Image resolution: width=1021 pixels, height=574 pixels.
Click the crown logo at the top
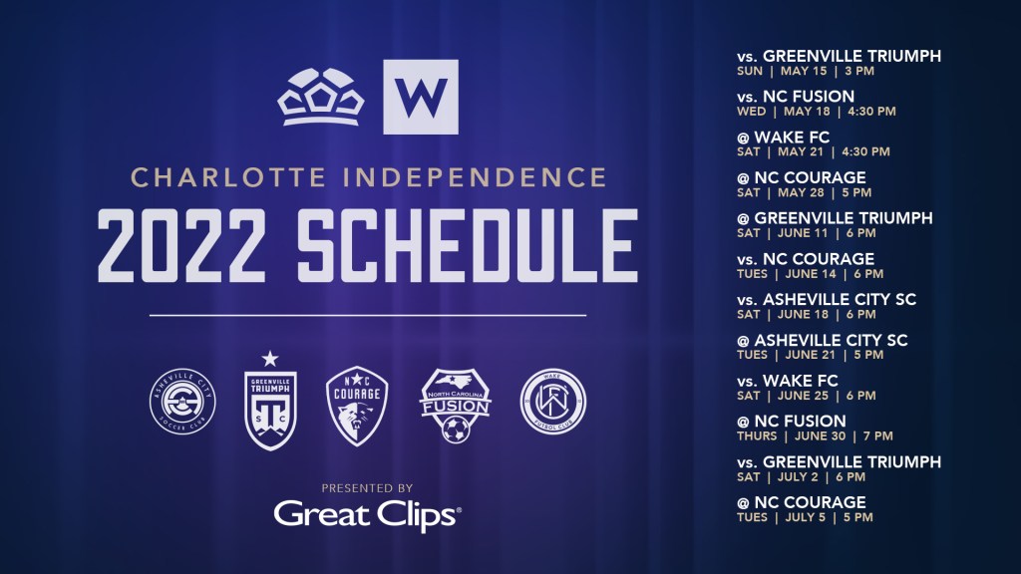(x=320, y=98)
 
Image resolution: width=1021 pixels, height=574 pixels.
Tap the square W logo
(x=421, y=97)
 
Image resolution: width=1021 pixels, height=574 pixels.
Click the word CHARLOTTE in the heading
(x=228, y=177)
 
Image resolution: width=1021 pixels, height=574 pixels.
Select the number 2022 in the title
(x=181, y=245)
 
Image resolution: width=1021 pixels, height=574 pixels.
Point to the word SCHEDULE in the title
(x=467, y=245)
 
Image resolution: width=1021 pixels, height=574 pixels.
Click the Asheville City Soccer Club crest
(x=182, y=401)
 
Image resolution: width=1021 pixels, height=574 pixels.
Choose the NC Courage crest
(x=357, y=406)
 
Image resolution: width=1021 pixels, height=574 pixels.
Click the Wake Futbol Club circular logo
(x=552, y=402)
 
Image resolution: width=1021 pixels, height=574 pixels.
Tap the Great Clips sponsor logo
(x=367, y=515)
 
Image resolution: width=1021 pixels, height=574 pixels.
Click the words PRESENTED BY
(x=367, y=488)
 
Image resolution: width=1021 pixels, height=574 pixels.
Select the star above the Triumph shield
(x=270, y=359)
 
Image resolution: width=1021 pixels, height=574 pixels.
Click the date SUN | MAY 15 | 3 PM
(x=806, y=71)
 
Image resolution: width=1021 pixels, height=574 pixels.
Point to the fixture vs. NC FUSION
(x=796, y=97)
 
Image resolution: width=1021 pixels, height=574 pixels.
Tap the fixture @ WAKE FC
(x=784, y=138)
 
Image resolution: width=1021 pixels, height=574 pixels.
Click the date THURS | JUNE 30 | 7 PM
(x=815, y=436)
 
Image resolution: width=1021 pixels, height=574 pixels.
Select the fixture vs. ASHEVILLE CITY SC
(x=827, y=299)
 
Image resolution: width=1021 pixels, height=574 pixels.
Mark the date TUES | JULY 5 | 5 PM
(x=805, y=517)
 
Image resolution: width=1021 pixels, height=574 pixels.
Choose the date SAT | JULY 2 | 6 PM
(x=801, y=477)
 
